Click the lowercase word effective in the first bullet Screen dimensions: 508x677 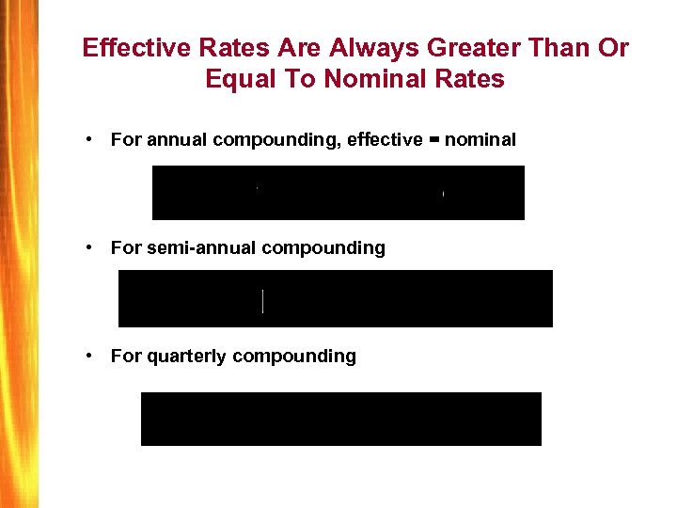tap(385, 140)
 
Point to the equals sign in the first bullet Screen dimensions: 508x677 tap(433, 140)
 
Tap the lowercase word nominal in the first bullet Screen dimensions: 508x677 tap(480, 140)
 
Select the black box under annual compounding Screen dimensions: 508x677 tap(338, 193)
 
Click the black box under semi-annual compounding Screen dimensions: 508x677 tap(336, 298)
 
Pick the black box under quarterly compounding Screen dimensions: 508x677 tap(341, 419)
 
